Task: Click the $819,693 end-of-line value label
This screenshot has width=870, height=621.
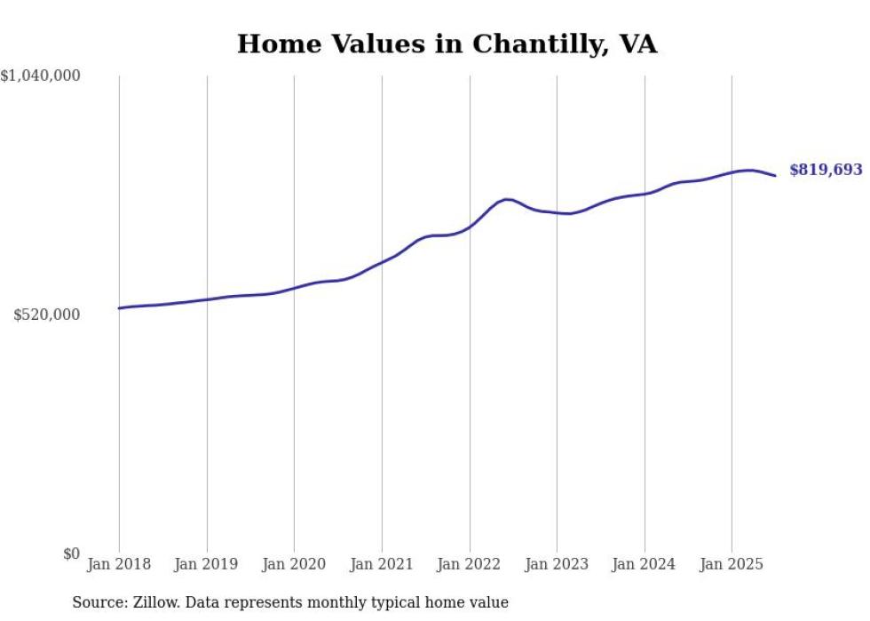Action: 825,170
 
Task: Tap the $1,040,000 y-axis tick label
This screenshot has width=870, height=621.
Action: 41,76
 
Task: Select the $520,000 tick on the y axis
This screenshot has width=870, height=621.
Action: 47,314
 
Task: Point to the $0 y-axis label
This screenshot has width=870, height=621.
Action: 71,553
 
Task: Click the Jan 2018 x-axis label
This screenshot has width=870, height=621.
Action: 119,564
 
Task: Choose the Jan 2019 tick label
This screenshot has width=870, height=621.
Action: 207,564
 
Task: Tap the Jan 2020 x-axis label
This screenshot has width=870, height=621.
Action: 294,564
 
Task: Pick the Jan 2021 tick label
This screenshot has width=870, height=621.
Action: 382,564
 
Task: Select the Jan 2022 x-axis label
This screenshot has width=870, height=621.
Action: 470,564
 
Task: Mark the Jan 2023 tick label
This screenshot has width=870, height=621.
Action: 557,564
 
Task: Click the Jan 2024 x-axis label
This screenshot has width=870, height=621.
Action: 645,564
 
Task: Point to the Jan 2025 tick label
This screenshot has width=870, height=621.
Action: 732,564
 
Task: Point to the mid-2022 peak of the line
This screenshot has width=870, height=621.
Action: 507,199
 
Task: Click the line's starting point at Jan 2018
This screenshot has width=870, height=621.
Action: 119,308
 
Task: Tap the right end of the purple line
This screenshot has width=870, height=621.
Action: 775,175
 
